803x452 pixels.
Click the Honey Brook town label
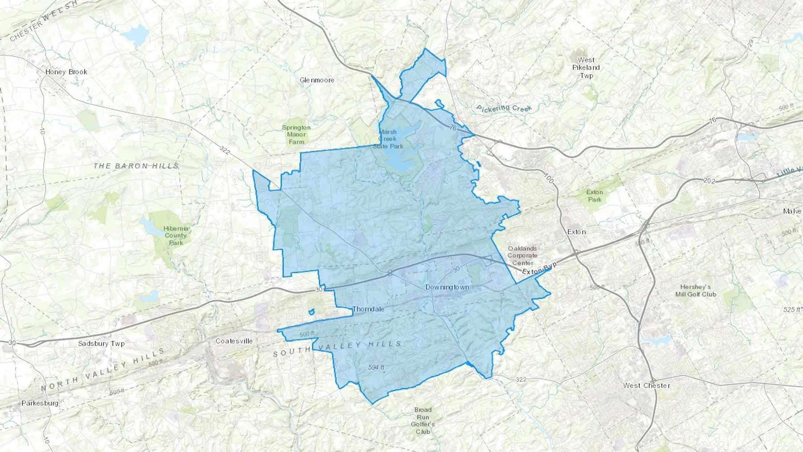click(66, 72)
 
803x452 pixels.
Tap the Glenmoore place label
click(317, 80)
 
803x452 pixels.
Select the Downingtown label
click(447, 287)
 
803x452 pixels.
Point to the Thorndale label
click(368, 309)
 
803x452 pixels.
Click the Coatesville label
click(234, 341)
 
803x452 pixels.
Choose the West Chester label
click(646, 386)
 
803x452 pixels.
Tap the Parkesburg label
click(40, 403)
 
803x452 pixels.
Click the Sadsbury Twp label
click(101, 344)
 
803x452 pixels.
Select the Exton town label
click(576, 232)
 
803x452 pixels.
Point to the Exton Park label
click(594, 196)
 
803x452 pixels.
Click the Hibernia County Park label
click(176, 236)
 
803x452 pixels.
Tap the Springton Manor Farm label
click(296, 134)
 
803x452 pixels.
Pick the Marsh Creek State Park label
click(388, 139)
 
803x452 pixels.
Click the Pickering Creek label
click(504, 108)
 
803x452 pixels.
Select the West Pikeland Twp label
click(586, 68)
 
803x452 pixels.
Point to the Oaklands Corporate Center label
click(522, 256)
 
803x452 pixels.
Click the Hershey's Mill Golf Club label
click(695, 290)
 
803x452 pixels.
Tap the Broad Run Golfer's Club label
click(422, 420)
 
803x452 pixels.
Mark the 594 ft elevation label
click(376, 367)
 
